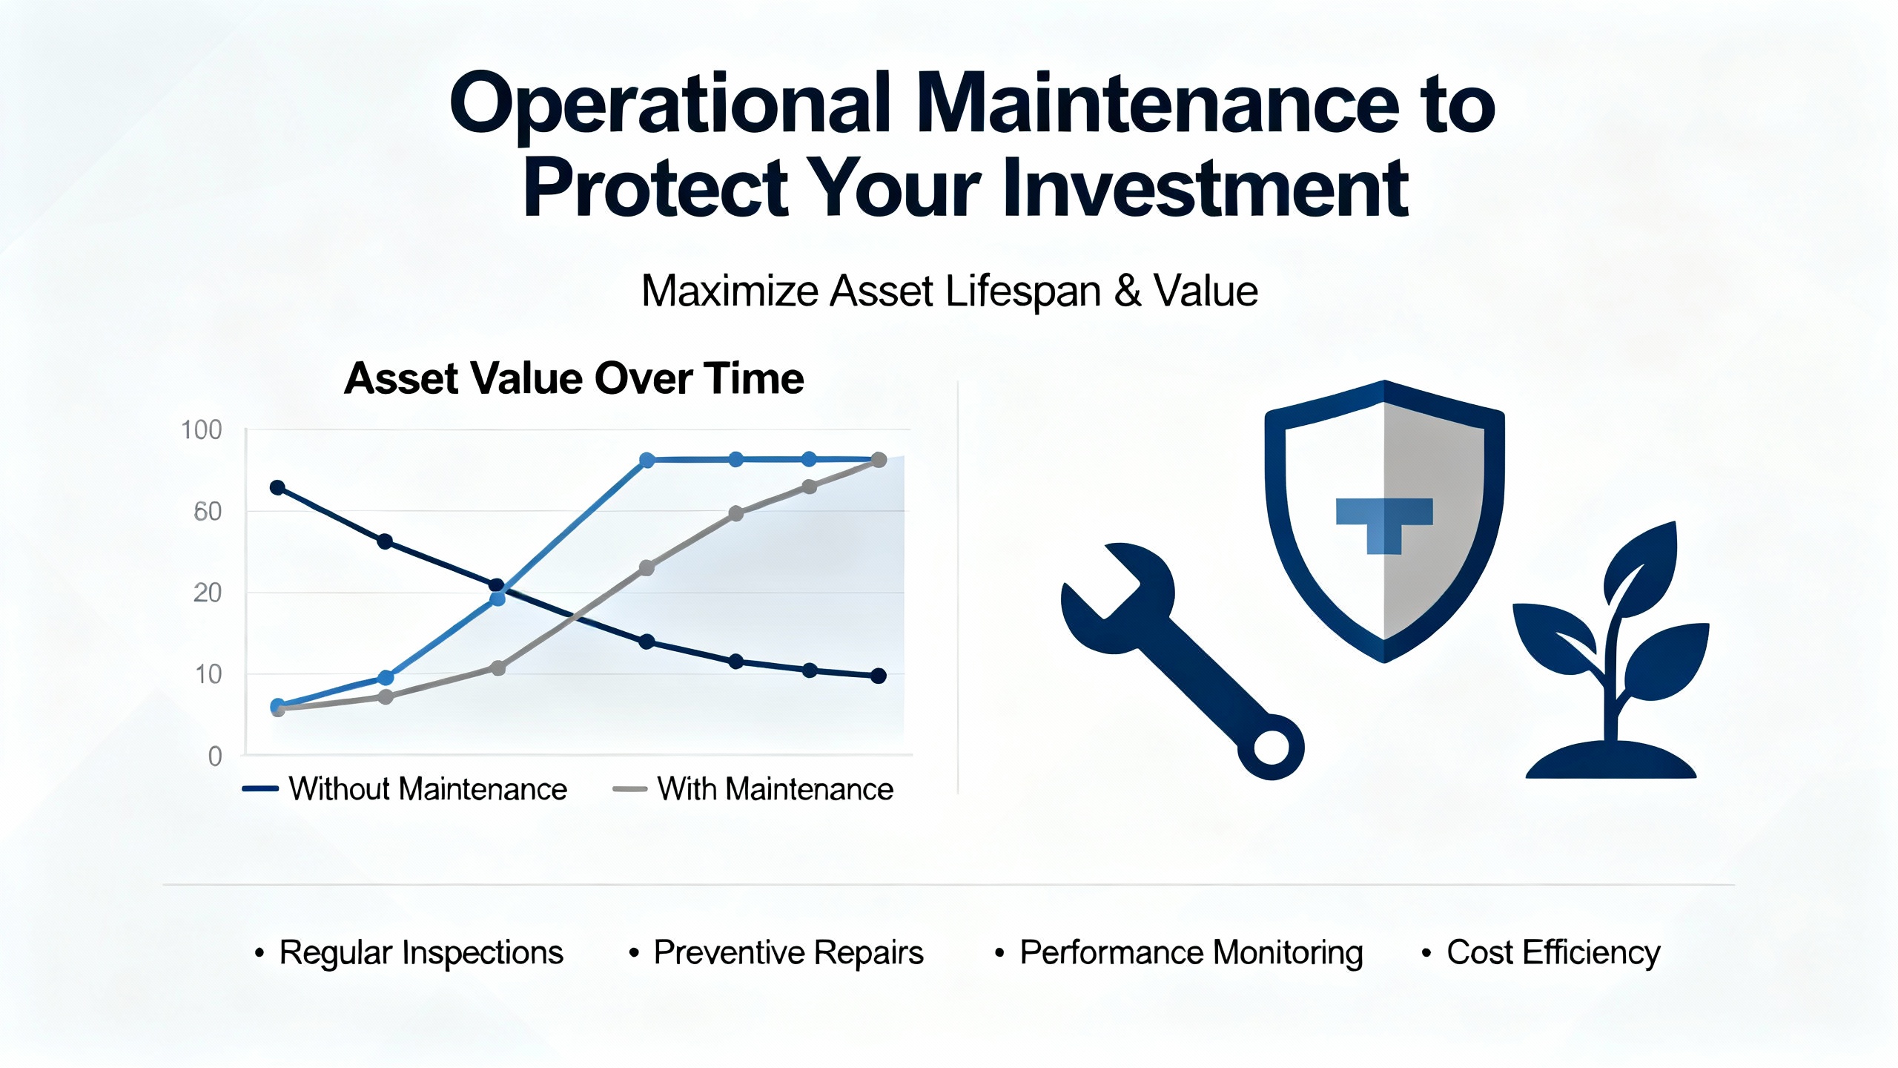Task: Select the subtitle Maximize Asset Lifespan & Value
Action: (949, 291)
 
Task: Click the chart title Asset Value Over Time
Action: (574, 378)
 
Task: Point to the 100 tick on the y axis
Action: (202, 430)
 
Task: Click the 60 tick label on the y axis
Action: (208, 512)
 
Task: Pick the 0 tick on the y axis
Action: (215, 756)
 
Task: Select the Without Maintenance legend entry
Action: (405, 789)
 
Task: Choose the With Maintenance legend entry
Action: (753, 789)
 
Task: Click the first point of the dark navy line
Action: (277, 487)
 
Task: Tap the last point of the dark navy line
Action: (879, 676)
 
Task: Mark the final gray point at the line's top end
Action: (879, 460)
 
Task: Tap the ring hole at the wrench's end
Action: (1272, 747)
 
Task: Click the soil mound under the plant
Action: (1611, 761)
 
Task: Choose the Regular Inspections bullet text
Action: (421, 953)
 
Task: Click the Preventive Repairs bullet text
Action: (788, 953)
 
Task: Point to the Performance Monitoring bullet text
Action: (1191, 953)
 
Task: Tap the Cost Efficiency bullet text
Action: (1553, 953)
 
